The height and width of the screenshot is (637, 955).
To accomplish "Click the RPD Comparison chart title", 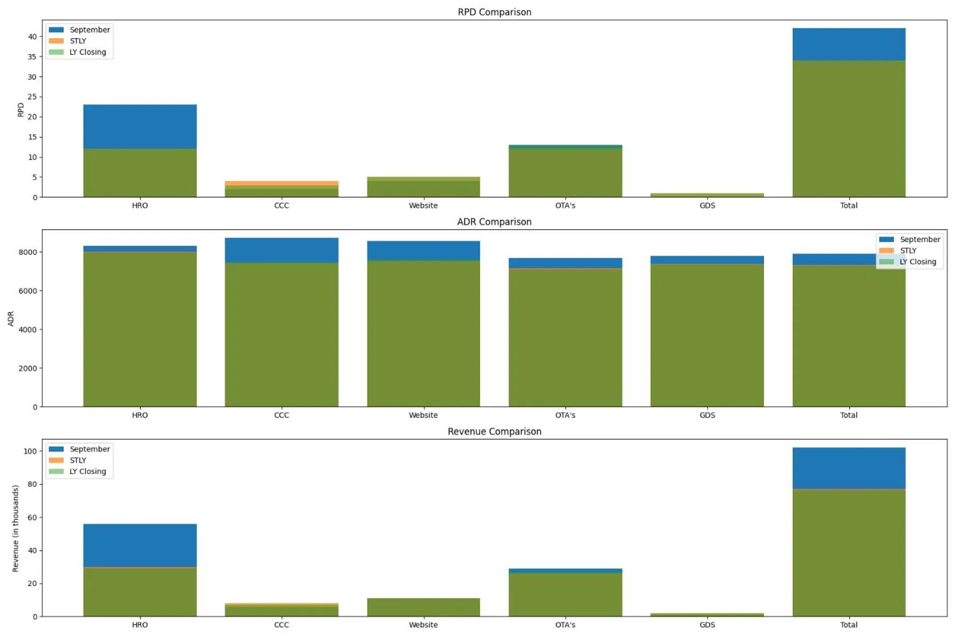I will pos(494,12).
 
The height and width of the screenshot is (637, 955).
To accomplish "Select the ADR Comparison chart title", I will pos(494,222).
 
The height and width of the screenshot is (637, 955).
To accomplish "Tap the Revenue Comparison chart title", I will pos(494,432).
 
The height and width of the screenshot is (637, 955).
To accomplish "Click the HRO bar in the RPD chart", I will pos(140,154).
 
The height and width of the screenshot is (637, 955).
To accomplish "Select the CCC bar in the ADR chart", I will pos(281,324).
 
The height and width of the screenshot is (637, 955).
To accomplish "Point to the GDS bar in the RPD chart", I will pos(707,195).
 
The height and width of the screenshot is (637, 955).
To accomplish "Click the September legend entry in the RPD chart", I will pos(89,30).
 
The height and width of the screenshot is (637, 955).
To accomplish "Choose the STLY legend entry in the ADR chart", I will pos(908,251).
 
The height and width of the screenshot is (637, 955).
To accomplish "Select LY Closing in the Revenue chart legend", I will pos(88,471).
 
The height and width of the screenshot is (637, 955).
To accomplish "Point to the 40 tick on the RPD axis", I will pos(32,37).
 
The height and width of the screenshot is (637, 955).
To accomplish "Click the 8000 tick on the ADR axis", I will pos(28,252).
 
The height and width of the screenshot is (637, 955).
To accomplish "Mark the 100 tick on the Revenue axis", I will pos(30,451).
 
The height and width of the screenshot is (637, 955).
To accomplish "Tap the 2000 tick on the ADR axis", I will pos(28,368).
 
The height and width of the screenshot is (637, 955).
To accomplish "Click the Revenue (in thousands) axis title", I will pos(15,528).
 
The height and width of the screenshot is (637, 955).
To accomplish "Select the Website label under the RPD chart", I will pos(423,205).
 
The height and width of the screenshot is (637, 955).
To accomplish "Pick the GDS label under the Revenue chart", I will pos(707,625).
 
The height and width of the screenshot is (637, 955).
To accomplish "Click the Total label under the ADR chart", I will pos(848,415).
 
